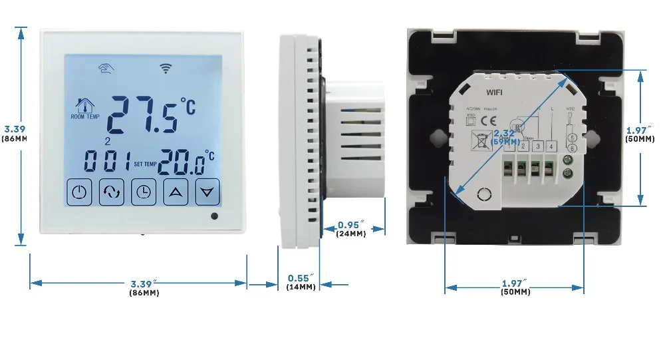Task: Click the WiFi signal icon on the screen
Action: coord(165,67)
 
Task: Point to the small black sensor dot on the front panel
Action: coord(213,216)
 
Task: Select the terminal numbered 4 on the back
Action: coord(551,146)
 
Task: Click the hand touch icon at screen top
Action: coord(104,67)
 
